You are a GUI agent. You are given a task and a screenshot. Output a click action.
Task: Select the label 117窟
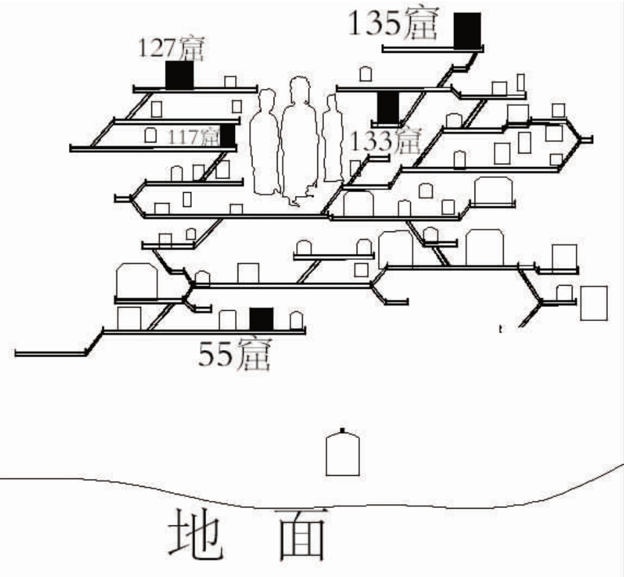193,137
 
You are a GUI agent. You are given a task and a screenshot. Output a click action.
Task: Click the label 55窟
233,355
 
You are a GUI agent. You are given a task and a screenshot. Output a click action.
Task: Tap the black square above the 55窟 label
261,318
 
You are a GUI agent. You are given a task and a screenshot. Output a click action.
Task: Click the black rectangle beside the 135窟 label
467,30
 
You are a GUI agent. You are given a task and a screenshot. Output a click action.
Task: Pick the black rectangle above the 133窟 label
387,107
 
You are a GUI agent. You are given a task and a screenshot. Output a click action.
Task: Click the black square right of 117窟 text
227,135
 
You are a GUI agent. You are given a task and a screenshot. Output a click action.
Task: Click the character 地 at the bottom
196,534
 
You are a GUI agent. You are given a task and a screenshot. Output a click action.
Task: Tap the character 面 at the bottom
300,534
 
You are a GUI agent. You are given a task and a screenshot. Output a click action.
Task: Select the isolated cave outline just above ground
342,454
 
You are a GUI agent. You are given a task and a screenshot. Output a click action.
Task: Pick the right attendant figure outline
332,139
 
